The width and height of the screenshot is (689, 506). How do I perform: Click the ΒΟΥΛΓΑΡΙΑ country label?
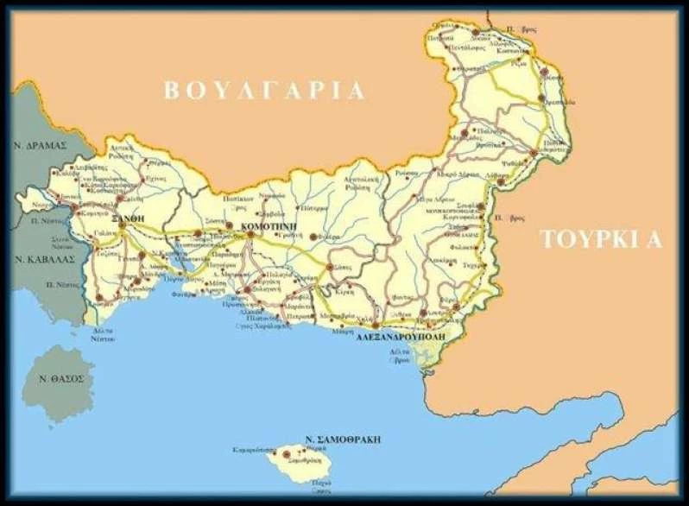tap(265, 91)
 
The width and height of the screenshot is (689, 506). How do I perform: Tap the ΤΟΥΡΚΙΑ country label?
tap(600, 240)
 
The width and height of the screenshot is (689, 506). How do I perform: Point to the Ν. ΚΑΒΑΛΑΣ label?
tap(44, 258)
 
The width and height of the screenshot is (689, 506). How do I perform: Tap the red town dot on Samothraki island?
tap(286, 452)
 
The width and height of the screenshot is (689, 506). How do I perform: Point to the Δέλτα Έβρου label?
tap(400, 355)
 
